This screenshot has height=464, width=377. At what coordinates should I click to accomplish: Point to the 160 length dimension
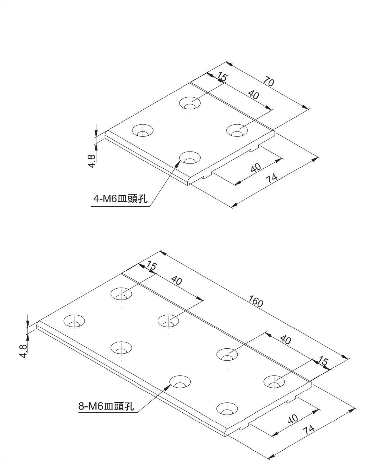tap(256, 301)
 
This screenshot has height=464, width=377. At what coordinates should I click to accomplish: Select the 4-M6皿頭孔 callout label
tap(120, 199)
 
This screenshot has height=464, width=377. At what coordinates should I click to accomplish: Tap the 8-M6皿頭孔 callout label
tap(106, 406)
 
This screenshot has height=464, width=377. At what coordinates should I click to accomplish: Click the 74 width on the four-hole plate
tap(271, 179)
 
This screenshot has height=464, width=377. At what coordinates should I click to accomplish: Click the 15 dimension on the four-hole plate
tap(222, 77)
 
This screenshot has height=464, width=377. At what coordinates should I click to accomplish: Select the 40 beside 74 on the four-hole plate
tap(256, 168)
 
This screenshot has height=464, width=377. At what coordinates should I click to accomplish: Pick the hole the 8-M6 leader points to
tap(180, 382)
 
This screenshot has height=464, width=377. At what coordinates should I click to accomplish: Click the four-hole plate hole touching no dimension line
tap(143, 130)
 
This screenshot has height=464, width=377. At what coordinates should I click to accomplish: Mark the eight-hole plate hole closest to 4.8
tap(74, 321)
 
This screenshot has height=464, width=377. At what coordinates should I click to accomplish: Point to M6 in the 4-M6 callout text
tap(109, 199)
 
